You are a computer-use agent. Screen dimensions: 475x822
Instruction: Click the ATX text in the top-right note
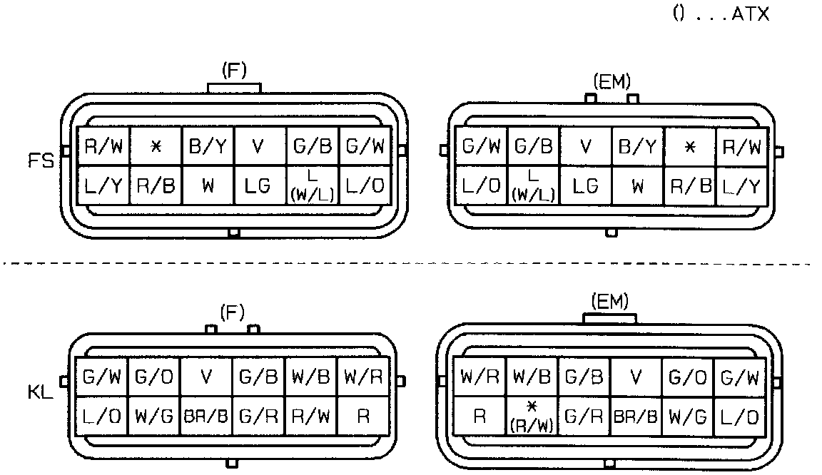[x=751, y=14]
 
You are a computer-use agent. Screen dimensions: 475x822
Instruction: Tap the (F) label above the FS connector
[x=233, y=71]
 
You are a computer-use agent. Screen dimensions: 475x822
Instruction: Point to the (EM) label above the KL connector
[x=611, y=302]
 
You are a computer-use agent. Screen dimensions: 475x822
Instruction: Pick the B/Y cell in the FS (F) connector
[x=208, y=147]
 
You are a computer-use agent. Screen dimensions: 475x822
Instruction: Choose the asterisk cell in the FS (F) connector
[x=155, y=147]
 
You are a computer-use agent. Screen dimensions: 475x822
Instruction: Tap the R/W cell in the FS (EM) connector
[x=742, y=147]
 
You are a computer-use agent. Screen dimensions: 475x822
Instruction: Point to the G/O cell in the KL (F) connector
[x=153, y=377]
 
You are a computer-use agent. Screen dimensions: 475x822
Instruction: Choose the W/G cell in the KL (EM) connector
[x=688, y=417]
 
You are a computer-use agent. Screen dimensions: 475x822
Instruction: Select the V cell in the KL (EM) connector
[x=636, y=377]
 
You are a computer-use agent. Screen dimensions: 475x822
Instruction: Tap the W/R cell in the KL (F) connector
[x=362, y=377]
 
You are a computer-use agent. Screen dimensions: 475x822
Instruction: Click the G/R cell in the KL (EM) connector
[x=584, y=417]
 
